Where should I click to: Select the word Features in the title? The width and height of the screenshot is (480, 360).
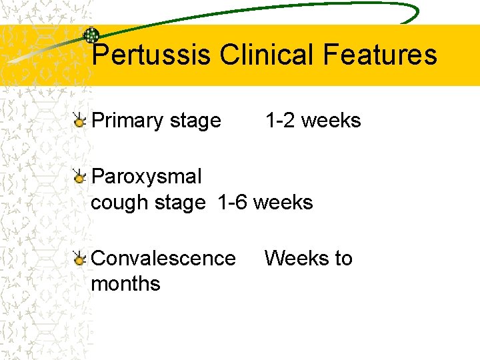pyautogui.click(x=380, y=55)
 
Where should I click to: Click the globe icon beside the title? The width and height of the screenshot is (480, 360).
pyautogui.click(x=91, y=36)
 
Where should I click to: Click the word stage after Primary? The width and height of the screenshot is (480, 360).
pyautogui.click(x=195, y=121)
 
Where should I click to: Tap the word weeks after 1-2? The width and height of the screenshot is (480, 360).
pyautogui.click(x=332, y=121)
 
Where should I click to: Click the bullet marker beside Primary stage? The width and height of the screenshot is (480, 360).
pyautogui.click(x=79, y=121)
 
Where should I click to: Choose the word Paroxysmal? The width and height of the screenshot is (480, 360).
pyautogui.click(x=146, y=177)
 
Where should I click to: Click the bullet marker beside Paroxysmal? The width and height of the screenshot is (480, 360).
pyautogui.click(x=79, y=177)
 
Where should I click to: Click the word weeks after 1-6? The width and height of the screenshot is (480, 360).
pyautogui.click(x=284, y=202)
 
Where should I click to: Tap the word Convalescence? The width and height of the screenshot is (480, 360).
pyautogui.click(x=163, y=258)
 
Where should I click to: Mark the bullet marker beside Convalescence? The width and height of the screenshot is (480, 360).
pyautogui.click(x=79, y=259)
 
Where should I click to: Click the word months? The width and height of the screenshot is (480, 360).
pyautogui.click(x=125, y=283)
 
